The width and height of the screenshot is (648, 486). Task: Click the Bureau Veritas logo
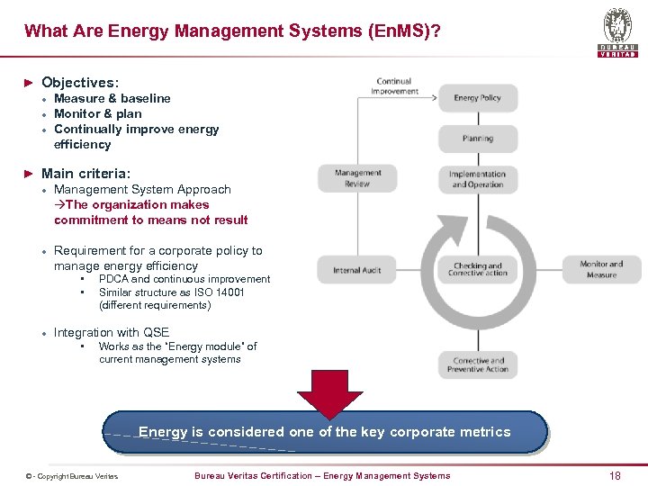click(617, 31)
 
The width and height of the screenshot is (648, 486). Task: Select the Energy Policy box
click(477, 98)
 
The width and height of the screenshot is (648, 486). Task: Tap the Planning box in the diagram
click(477, 139)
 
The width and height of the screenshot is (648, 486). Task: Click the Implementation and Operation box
click(477, 179)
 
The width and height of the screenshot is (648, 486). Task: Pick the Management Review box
click(357, 178)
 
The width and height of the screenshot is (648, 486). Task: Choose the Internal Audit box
click(357, 270)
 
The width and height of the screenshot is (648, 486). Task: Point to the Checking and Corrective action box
click(477, 269)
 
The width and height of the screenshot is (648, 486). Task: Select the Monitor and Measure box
click(601, 269)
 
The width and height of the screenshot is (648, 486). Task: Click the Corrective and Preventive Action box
click(478, 364)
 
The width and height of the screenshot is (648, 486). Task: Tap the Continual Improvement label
click(394, 86)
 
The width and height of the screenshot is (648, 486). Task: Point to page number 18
click(615, 475)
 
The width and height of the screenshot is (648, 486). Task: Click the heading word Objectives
click(79, 82)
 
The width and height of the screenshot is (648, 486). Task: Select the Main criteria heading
click(85, 173)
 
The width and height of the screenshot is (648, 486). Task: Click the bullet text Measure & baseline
click(112, 98)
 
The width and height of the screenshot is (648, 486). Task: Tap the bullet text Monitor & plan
click(98, 113)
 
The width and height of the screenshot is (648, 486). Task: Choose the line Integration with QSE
click(112, 332)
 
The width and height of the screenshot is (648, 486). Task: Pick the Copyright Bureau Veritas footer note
click(72, 476)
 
